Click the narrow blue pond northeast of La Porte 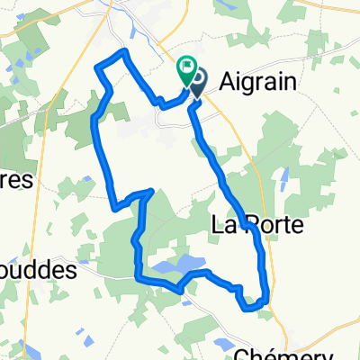point(283,181)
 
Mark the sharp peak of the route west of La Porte point(151,191)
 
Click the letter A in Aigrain point(220,81)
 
